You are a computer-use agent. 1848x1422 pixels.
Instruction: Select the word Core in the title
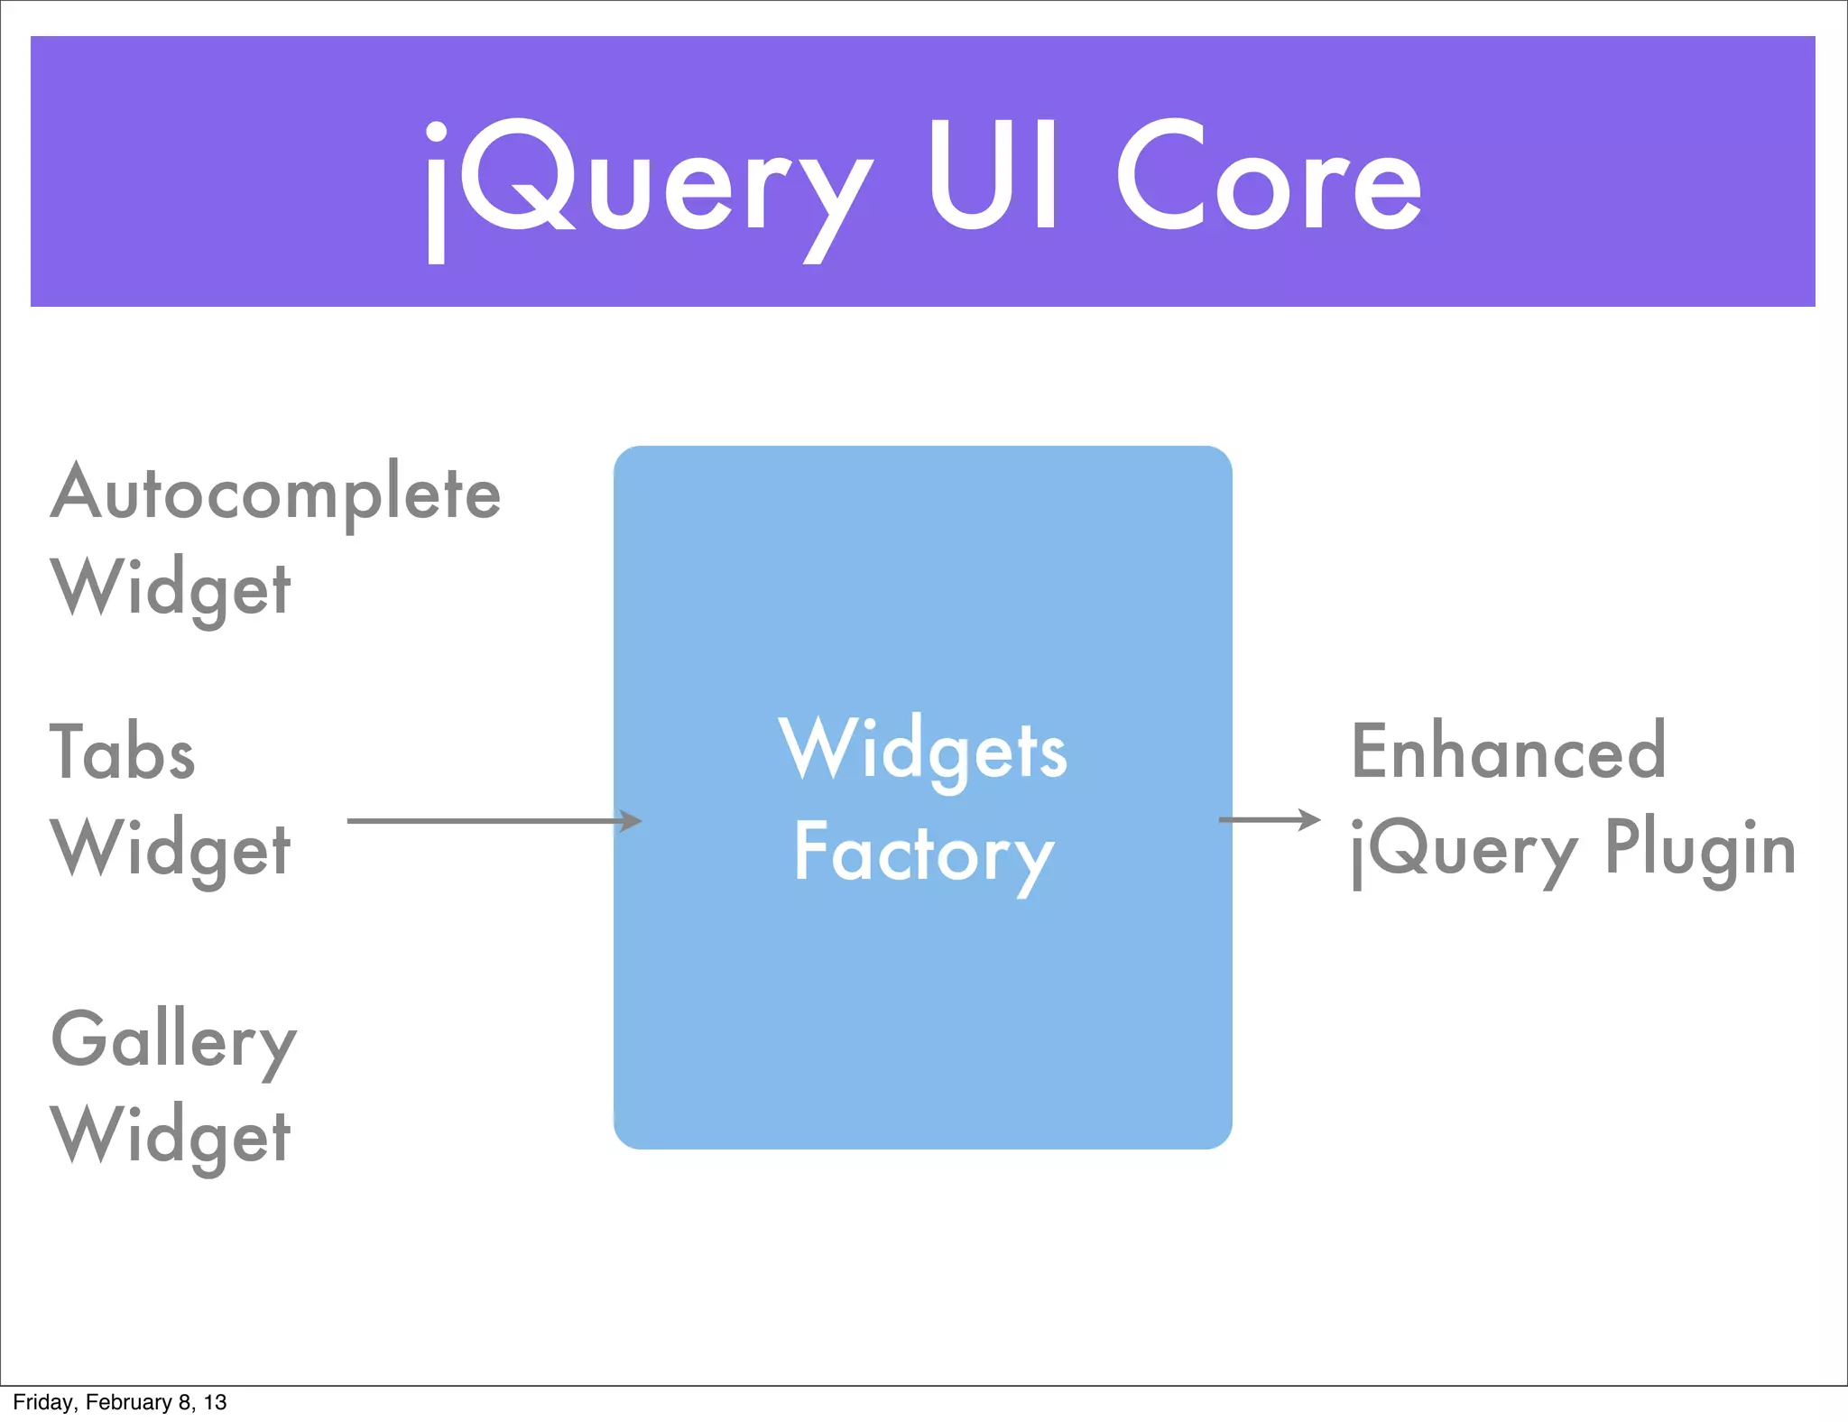click(1269, 176)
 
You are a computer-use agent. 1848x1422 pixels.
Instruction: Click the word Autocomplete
click(275, 494)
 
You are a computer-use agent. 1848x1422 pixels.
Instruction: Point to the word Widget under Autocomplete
click(171, 589)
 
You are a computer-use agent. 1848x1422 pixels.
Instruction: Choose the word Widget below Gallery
click(171, 1136)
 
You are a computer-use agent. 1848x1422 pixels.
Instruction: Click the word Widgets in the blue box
click(923, 751)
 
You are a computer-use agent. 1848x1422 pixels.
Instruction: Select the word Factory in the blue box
click(923, 854)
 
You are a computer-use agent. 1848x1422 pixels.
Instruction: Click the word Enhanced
click(1508, 751)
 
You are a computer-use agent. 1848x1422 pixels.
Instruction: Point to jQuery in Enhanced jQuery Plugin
click(1464, 852)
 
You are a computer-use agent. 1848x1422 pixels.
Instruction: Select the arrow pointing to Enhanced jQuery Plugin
click(1268, 819)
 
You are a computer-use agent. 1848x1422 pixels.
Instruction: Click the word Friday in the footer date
click(42, 1402)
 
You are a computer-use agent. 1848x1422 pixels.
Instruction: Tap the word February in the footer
click(128, 1402)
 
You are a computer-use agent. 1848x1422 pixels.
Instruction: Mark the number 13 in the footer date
click(215, 1402)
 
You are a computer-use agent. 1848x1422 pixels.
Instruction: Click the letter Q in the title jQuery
click(516, 176)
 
